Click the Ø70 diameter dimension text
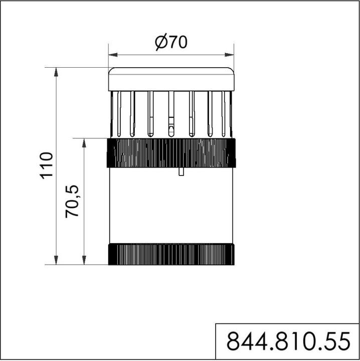click(171, 43)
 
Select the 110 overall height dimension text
click(47, 165)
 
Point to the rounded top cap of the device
click(171, 79)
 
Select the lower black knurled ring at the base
click(171, 254)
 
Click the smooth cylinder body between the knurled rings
click(171, 208)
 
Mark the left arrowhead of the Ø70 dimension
click(112, 54)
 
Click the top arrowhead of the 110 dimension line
click(56, 71)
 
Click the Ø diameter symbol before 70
click(160, 43)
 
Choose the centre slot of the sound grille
click(171, 114)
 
